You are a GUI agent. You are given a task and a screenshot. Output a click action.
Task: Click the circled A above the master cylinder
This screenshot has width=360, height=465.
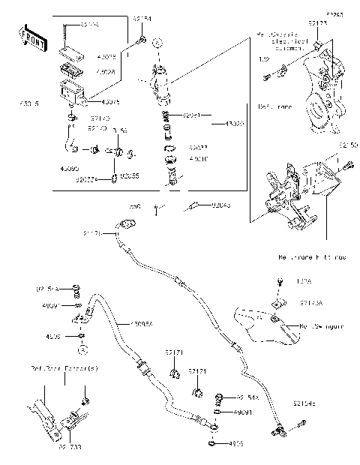(157, 42)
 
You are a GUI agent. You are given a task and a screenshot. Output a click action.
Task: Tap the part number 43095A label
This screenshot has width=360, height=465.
(142, 324)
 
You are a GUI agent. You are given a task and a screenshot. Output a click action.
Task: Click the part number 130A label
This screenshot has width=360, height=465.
(304, 282)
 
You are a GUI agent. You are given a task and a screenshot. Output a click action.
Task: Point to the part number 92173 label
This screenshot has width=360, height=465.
(317, 24)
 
